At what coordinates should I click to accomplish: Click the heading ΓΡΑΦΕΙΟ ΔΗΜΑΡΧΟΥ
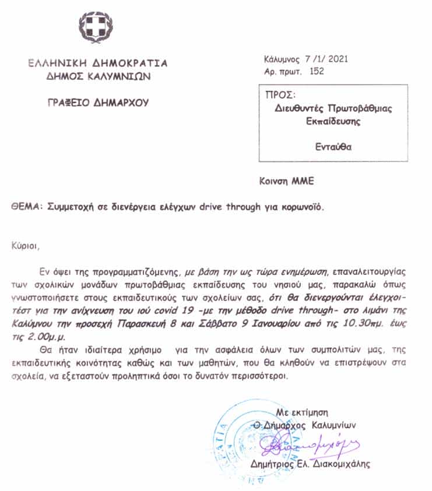click(x=99, y=103)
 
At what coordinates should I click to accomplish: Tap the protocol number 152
click(x=317, y=72)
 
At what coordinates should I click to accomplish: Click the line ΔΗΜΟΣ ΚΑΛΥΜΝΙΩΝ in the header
click(x=99, y=76)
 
